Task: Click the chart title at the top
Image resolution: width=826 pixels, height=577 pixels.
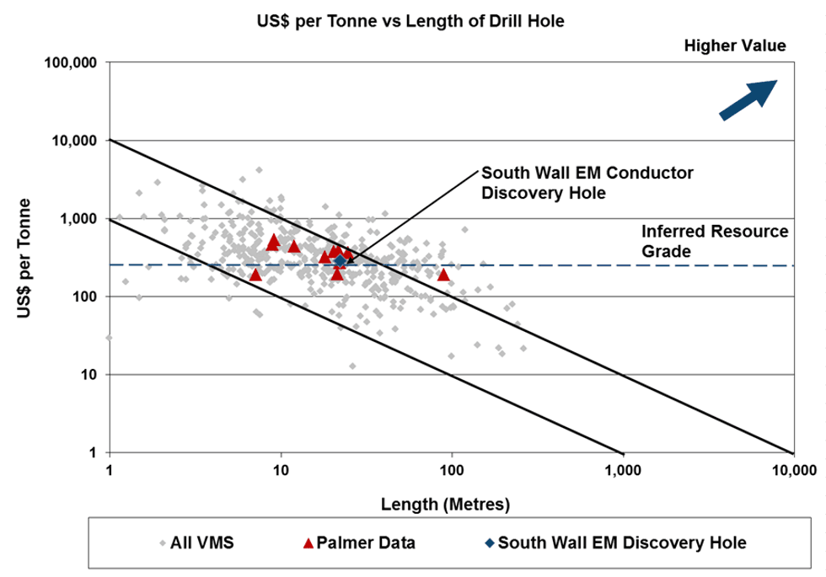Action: tap(410, 20)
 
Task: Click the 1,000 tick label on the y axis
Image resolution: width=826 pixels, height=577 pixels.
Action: tap(78, 219)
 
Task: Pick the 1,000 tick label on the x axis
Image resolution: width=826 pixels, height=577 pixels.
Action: tap(622, 470)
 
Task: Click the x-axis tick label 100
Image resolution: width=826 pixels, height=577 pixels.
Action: tap(453, 470)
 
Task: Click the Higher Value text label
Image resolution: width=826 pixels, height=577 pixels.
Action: tap(735, 45)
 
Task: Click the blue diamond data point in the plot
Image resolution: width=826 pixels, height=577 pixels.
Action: tap(340, 261)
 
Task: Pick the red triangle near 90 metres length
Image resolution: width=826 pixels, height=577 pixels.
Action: tap(443, 274)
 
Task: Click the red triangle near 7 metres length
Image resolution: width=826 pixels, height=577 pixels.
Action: tap(255, 274)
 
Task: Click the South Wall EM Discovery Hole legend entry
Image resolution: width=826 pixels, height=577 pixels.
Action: tap(614, 542)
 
